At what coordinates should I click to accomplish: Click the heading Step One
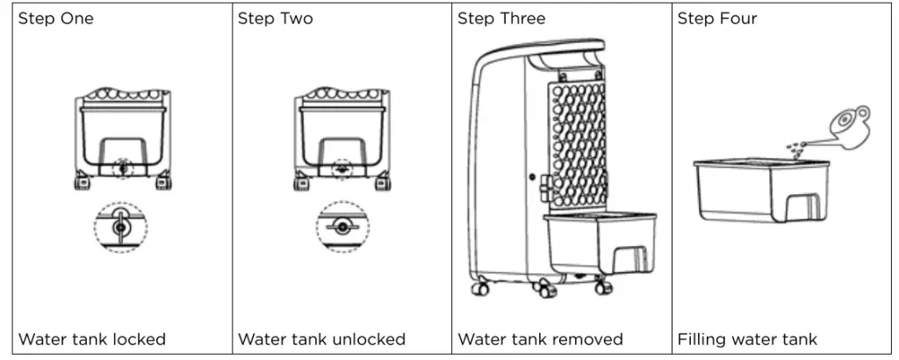(55, 19)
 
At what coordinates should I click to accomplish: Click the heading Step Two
(275, 19)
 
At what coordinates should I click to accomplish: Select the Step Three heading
(501, 19)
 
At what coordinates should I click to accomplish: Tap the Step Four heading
(717, 19)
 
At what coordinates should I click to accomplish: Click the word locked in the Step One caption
(140, 339)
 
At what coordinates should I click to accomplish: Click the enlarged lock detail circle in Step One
(120, 227)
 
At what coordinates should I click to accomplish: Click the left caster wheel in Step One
(82, 183)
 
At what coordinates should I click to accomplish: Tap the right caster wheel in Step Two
(384, 183)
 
